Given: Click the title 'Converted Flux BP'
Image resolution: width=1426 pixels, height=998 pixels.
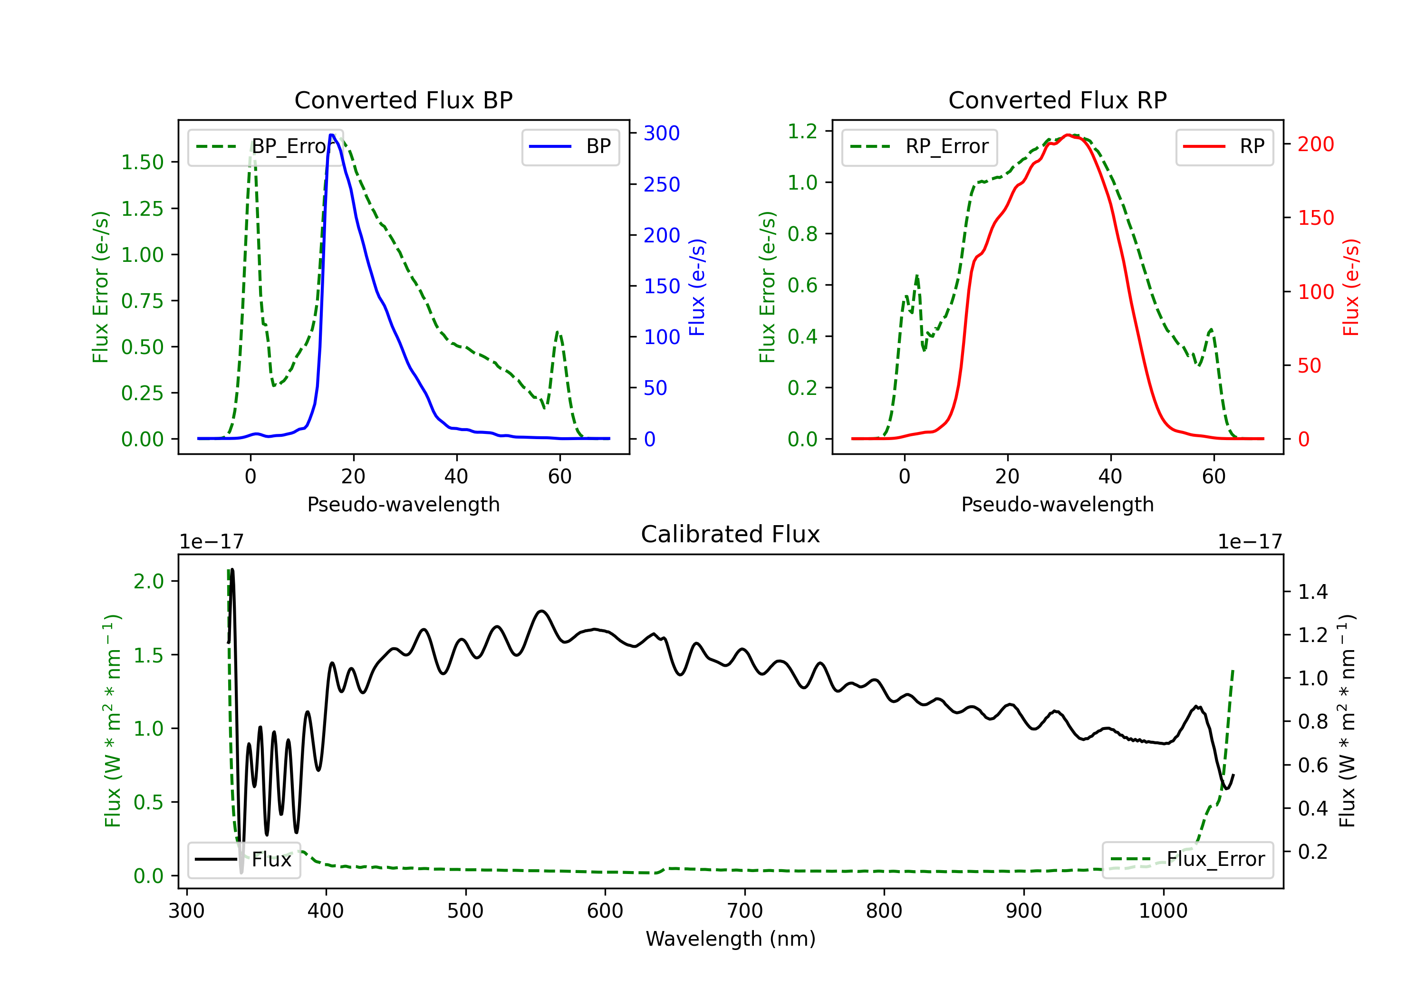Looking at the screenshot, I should click(403, 100).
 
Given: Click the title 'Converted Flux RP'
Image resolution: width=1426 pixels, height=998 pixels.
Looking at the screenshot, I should click(1057, 100).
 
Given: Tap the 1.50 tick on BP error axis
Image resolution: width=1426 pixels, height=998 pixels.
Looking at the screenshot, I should click(142, 162).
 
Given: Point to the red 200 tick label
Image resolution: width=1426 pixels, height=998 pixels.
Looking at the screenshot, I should click(1315, 144).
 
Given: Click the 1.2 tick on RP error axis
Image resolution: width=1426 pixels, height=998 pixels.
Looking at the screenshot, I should click(802, 131).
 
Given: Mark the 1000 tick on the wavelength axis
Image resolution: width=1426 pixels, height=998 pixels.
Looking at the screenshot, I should click(1163, 911).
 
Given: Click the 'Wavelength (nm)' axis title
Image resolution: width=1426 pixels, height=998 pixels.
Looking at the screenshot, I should click(731, 939).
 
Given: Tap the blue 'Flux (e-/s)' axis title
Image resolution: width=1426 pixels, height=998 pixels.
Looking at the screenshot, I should click(697, 287).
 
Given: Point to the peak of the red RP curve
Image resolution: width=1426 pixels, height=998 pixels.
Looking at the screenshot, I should click(1068, 135).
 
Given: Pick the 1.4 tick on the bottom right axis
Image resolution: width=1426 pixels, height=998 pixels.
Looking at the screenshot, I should click(1313, 592).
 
